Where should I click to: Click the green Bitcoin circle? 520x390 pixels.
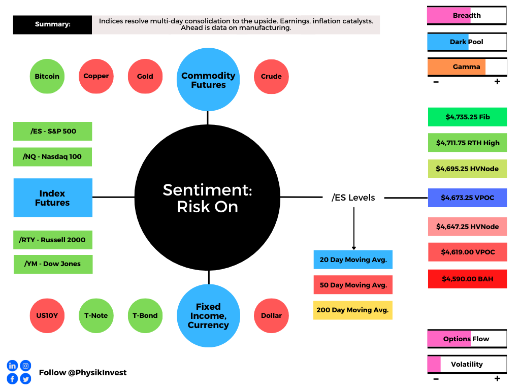[x=47, y=76]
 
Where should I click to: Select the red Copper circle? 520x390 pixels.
[x=96, y=76]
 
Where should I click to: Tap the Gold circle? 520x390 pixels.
[x=145, y=76]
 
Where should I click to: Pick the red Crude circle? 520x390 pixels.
[x=271, y=77]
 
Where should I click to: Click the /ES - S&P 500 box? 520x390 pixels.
[x=53, y=132]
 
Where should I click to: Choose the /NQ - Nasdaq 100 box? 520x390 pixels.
[x=52, y=157]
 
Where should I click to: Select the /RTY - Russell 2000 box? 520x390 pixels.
[x=53, y=240]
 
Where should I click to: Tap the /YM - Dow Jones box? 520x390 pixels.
[x=53, y=264]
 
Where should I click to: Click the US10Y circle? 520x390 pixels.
[x=47, y=316]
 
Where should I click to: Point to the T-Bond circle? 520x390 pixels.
[x=145, y=316]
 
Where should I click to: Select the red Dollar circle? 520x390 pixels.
[x=271, y=316]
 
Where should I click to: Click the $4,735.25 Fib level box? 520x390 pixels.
[x=467, y=117]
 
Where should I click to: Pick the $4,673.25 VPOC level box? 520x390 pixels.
[x=467, y=198]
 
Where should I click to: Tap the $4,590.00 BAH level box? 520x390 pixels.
[x=467, y=279]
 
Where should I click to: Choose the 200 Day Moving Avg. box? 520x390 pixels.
[x=353, y=310]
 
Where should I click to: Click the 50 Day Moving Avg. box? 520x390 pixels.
[x=353, y=285]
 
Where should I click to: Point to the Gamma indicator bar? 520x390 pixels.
[x=467, y=67]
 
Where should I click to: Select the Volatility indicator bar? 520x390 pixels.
[x=467, y=365]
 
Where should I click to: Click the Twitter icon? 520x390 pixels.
[x=25, y=379]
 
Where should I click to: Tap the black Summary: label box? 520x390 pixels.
[x=52, y=24]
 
